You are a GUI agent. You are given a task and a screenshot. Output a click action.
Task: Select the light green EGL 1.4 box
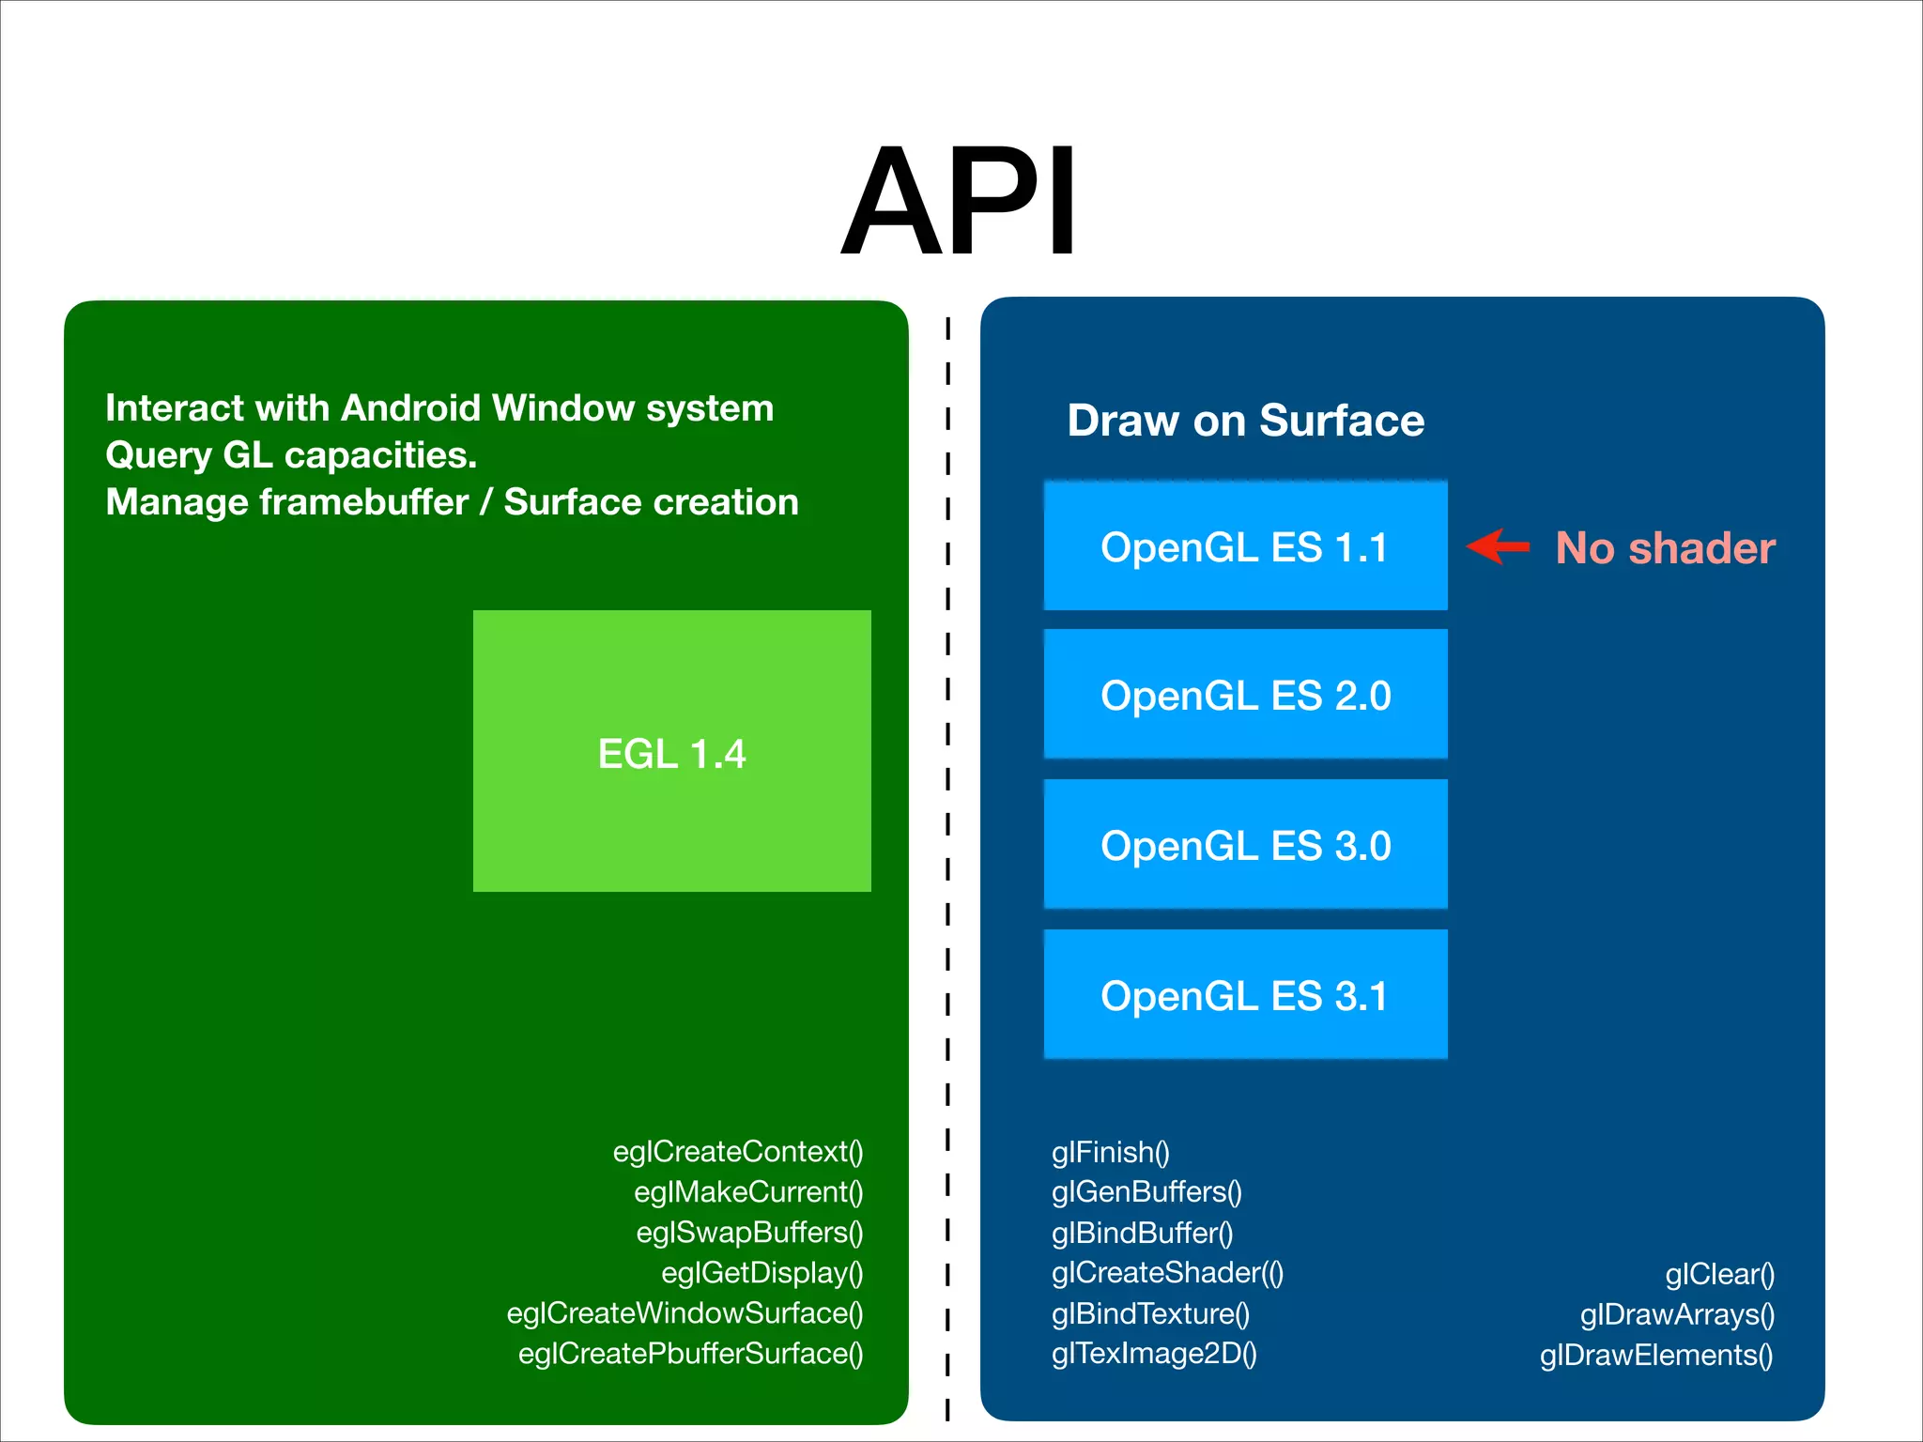tap(671, 751)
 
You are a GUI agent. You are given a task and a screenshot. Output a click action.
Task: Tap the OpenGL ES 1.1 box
tap(1245, 546)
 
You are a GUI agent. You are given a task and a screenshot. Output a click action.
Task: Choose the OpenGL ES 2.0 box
tap(1245, 695)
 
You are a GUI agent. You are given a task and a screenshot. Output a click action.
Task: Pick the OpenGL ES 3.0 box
tap(1245, 845)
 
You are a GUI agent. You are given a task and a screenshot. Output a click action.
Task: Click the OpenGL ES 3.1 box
tap(1245, 995)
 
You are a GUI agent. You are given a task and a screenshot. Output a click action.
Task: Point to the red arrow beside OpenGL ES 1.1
tap(1499, 545)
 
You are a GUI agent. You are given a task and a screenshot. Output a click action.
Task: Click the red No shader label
tap(1665, 547)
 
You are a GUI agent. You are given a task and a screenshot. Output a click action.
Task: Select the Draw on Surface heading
tap(1245, 420)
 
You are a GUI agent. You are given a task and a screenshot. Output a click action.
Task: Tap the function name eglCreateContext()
tap(738, 1151)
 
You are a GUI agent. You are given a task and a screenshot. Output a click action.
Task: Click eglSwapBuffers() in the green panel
tap(749, 1232)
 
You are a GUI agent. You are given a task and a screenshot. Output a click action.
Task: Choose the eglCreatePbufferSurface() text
tap(690, 1353)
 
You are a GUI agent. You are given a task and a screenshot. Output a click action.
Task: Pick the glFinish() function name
tap(1110, 1151)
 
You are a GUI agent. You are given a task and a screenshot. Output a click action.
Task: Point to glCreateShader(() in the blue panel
tap(1167, 1272)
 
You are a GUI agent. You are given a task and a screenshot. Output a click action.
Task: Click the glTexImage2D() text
tap(1154, 1353)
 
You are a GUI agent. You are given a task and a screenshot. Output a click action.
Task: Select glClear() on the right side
tap(1719, 1274)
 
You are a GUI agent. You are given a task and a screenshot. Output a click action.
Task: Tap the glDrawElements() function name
tap(1656, 1355)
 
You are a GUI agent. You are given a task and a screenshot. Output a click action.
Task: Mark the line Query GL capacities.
tap(291, 454)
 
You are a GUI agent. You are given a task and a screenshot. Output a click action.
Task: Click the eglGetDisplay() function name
tap(762, 1272)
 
